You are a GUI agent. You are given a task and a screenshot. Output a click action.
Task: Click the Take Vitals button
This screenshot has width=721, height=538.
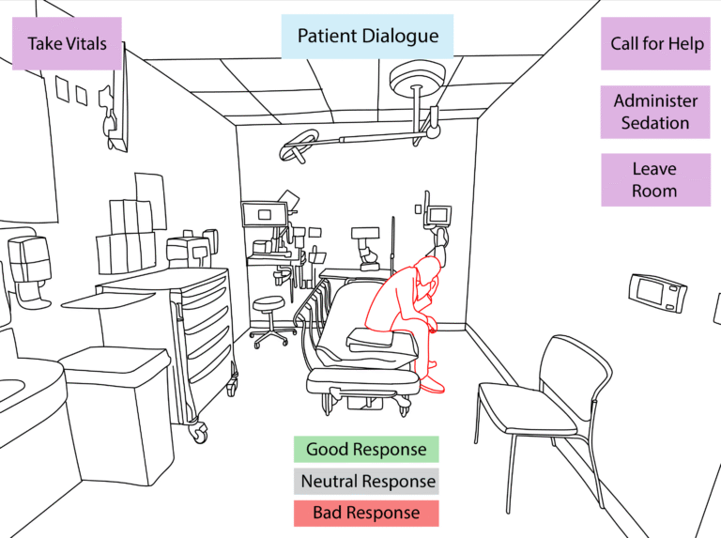(x=67, y=43)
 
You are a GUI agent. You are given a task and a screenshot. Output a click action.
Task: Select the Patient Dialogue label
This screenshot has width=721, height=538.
(x=367, y=37)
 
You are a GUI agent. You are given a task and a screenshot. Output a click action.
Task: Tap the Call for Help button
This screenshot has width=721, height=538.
(x=656, y=44)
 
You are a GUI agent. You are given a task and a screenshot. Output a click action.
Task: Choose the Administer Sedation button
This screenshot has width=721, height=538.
(x=656, y=112)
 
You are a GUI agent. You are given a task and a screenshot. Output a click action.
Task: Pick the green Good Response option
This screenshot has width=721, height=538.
(x=365, y=450)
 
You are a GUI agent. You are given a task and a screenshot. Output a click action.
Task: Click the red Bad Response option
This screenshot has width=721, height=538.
(x=365, y=513)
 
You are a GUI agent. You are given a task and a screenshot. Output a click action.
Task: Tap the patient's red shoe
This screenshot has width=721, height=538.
(x=431, y=383)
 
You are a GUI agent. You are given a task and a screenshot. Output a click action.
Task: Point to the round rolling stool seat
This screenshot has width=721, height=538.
(x=268, y=302)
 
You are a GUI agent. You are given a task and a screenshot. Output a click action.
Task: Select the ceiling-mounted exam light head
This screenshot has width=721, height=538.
(x=297, y=147)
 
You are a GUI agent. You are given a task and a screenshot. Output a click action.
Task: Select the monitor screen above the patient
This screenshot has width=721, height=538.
(x=437, y=215)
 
